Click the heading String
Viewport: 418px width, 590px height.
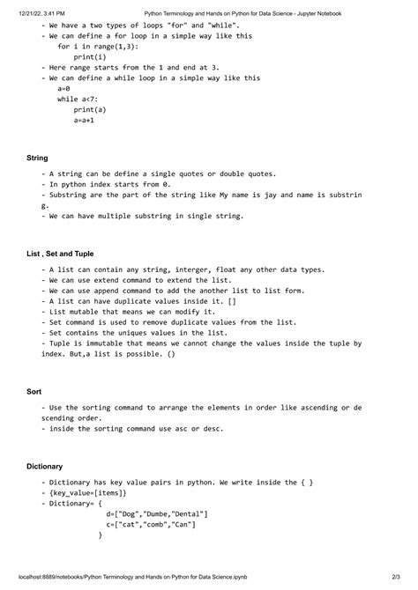click(x=37, y=158)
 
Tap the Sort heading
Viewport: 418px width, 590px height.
click(x=34, y=391)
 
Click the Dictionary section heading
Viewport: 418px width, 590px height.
click(x=44, y=466)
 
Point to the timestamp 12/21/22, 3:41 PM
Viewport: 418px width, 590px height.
click(x=41, y=13)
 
